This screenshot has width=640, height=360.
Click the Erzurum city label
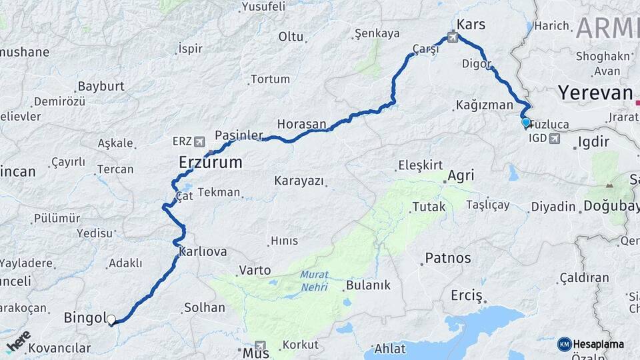click(210, 162)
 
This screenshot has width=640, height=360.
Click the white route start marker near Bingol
click(111, 320)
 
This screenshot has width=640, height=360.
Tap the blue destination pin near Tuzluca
click(525, 122)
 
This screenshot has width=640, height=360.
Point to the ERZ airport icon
click(200, 141)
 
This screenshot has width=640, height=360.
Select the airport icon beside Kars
click(454, 37)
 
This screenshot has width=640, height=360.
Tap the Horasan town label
click(301, 124)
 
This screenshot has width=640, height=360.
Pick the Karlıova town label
click(203, 252)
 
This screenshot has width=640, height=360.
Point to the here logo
click(18, 341)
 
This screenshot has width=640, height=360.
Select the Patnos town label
click(447, 258)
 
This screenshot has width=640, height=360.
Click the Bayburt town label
click(101, 87)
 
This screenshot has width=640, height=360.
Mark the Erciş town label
click(466, 295)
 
